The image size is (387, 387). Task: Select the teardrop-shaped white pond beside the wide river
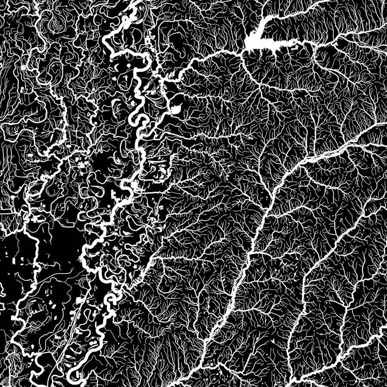click(176, 107)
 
